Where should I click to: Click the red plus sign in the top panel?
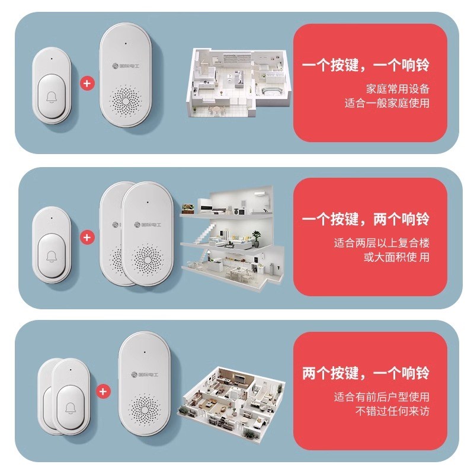coord(87,84)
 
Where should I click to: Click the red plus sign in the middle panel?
coord(87,237)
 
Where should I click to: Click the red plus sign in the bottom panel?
coord(103,392)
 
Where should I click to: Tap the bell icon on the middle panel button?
coord(53,255)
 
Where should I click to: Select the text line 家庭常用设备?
coord(398,89)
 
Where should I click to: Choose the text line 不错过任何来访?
coord(392,411)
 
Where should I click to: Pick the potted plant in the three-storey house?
coord(256,236)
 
